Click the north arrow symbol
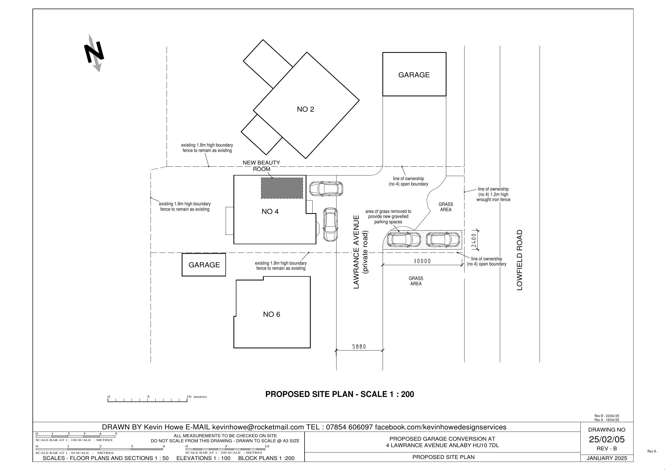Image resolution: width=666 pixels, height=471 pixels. tap(94, 53)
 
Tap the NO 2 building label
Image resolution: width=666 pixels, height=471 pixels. tap(305, 109)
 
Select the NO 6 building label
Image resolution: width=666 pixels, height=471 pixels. tap(272, 314)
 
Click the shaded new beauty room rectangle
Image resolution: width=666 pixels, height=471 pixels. tap(282, 188)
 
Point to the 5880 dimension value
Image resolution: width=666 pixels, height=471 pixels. tap(359, 346)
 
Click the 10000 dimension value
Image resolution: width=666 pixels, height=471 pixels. tap(422, 261)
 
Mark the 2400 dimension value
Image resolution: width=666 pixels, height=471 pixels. tap(474, 240)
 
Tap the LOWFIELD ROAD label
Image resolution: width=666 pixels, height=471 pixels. tap(519, 260)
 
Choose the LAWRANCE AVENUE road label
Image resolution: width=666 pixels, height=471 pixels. tap(357, 252)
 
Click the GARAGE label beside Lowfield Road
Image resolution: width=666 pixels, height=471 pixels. tap(414, 75)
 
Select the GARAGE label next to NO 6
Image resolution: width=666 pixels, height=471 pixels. tap(204, 265)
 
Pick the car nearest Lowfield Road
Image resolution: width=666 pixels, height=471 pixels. tap(443, 240)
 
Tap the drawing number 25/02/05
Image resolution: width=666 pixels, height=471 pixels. tap(606, 439)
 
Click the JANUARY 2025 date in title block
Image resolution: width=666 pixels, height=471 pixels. tap(607, 458)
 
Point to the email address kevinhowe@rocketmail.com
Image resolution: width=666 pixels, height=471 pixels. tap(258, 427)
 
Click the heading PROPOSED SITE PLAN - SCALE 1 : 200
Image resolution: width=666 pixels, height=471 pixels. tap(340, 394)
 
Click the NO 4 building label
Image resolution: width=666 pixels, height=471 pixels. tap(270, 211)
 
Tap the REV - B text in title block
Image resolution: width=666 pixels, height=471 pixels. tap(606, 448)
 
